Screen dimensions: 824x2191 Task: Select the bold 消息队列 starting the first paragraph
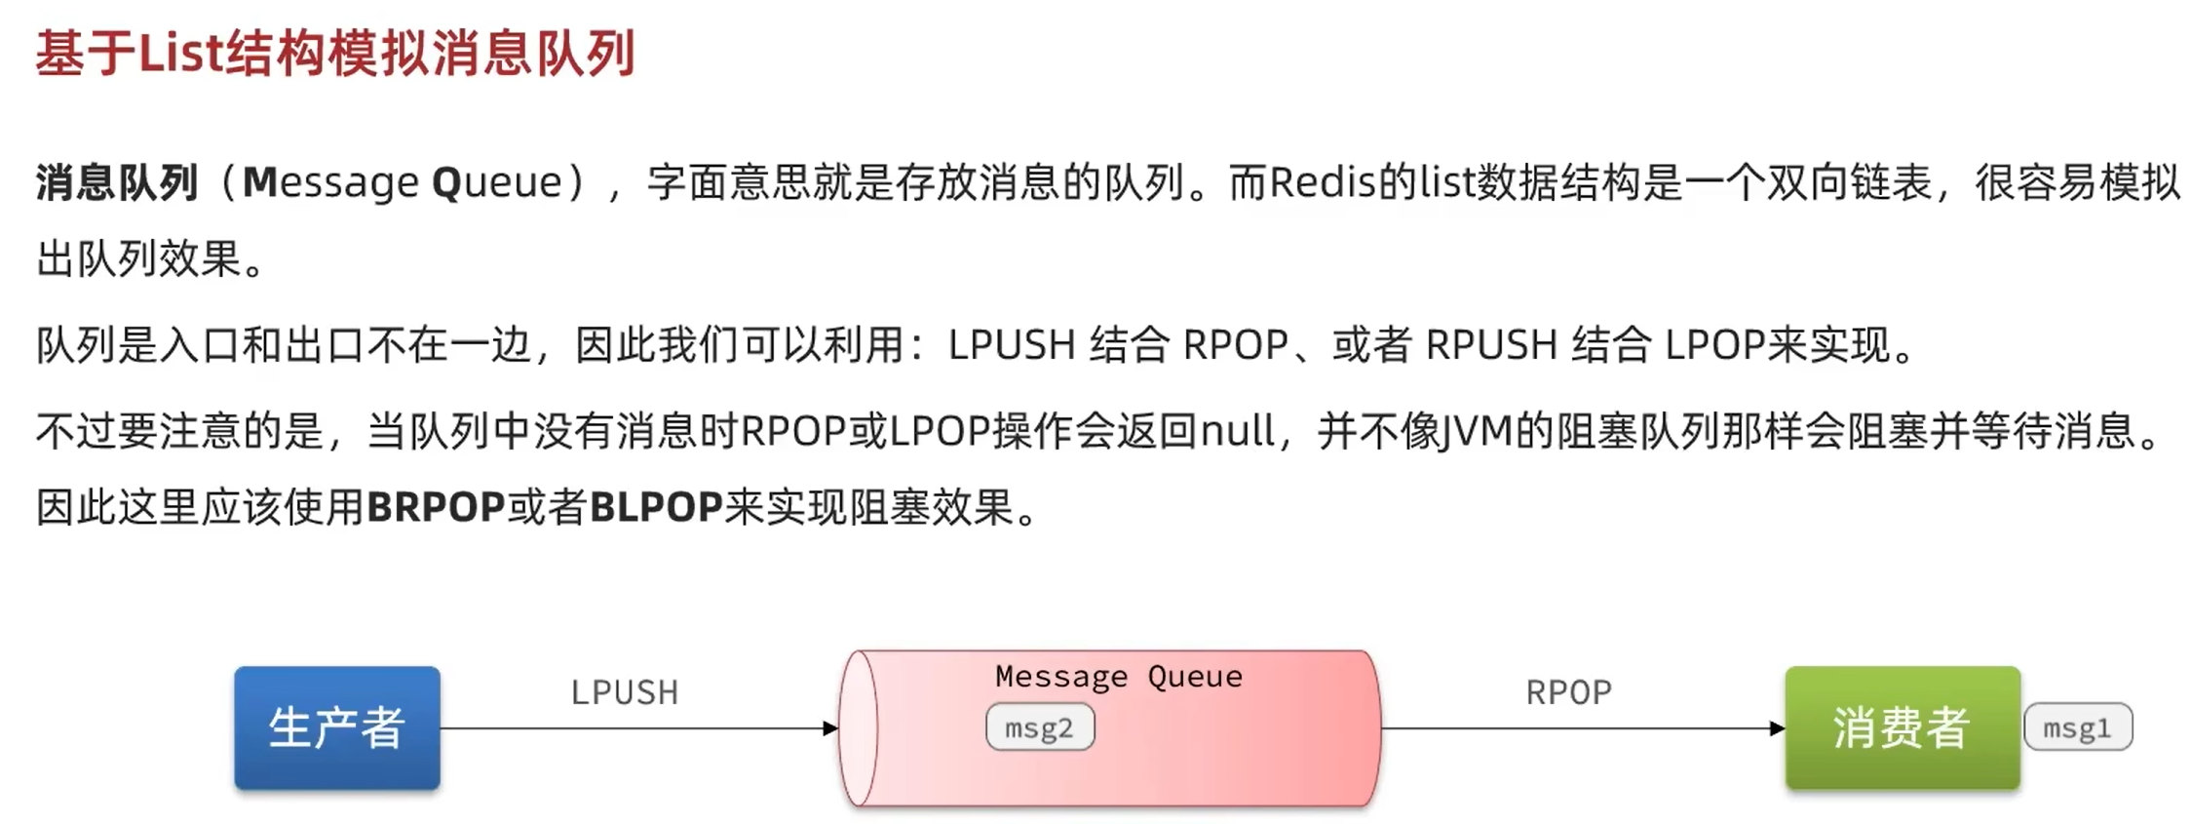[x=117, y=182]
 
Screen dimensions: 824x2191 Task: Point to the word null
[x=1237, y=430]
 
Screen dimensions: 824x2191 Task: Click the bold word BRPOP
[x=436, y=507]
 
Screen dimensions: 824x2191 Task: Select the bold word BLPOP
[x=656, y=507]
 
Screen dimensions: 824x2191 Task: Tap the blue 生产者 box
[x=336, y=727]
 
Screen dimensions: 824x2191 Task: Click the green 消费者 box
[x=1902, y=727]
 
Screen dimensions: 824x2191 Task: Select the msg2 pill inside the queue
[x=1039, y=728]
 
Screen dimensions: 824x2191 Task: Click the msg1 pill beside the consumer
[x=2077, y=728]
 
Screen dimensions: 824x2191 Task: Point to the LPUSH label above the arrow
[x=624, y=692]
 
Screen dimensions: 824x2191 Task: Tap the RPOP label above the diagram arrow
[x=1568, y=692]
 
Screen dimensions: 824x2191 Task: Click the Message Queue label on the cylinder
[x=1118, y=676]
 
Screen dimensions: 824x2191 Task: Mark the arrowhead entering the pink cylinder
[x=829, y=727]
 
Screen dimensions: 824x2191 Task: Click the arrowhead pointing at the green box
[x=1777, y=727]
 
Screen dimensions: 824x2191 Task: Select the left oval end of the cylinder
[x=859, y=727]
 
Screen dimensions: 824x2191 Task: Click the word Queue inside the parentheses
[x=497, y=182]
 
